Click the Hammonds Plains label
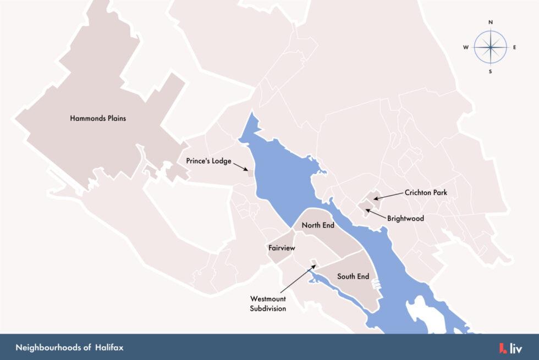pos(97,118)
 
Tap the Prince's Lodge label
pos(208,162)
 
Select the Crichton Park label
pos(426,193)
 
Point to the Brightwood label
pos(405,218)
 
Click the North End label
pos(318,225)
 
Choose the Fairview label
pos(282,248)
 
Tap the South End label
pos(353,276)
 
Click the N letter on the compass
pos(491,23)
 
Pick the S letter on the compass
pos(490,71)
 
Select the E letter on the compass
pos(515,47)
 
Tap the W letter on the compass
pos(466,47)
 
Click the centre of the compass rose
pos(490,47)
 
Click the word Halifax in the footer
pos(109,348)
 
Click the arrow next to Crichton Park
pos(387,196)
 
